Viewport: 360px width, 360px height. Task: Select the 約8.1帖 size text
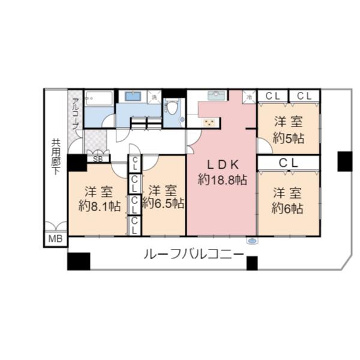tap(100, 206)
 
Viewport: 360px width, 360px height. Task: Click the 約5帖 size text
tap(288, 138)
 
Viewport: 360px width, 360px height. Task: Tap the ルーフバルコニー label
tap(193, 254)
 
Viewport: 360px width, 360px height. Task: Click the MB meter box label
tap(55, 239)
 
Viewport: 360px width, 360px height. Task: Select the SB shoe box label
tap(98, 158)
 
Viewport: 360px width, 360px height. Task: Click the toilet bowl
tap(173, 109)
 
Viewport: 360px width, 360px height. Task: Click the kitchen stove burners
tap(209, 122)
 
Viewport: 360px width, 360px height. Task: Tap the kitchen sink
tap(216, 95)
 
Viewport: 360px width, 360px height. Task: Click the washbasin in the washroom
tap(133, 96)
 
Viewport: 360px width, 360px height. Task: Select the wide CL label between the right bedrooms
tap(288, 162)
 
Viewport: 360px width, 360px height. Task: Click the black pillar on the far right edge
tap(344, 161)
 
